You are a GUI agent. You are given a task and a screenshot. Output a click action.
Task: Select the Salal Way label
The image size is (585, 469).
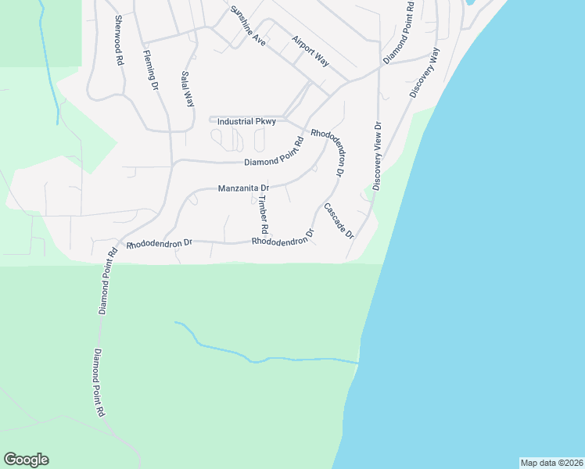(187, 89)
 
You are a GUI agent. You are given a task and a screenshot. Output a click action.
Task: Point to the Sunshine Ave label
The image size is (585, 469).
(248, 27)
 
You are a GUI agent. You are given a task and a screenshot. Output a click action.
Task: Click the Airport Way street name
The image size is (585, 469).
(310, 52)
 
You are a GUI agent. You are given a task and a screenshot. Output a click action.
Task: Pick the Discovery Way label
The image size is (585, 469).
(425, 73)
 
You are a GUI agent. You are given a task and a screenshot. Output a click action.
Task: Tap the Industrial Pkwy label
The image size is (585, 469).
(246, 122)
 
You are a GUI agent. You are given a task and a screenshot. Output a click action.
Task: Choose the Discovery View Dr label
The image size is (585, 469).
(377, 156)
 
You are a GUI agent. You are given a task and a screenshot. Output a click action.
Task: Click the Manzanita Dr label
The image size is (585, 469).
(243, 188)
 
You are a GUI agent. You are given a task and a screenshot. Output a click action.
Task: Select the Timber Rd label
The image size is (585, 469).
(264, 215)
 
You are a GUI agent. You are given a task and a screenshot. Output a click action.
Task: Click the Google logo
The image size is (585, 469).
(27, 460)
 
